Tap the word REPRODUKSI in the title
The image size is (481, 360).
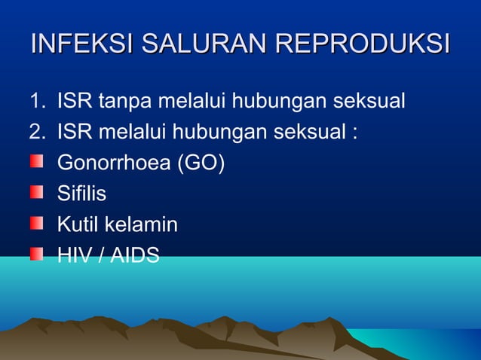point(363,44)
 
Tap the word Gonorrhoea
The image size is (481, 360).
point(113,163)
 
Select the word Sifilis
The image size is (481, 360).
point(81,194)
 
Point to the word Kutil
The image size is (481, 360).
point(78,225)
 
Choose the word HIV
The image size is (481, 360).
point(73,256)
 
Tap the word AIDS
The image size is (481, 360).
point(135,256)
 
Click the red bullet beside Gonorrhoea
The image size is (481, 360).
point(36,162)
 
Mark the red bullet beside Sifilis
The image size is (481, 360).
point(36,193)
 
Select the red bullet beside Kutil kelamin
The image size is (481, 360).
point(36,224)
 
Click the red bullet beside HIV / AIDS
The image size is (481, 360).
point(36,255)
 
